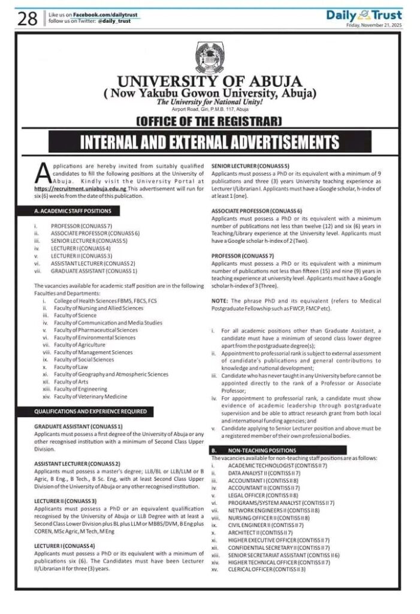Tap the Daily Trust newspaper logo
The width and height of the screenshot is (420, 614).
tap(364, 16)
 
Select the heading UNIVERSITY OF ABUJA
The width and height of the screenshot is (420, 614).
tap(210, 82)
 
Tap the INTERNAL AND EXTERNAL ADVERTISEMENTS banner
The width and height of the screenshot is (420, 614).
tap(210, 143)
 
